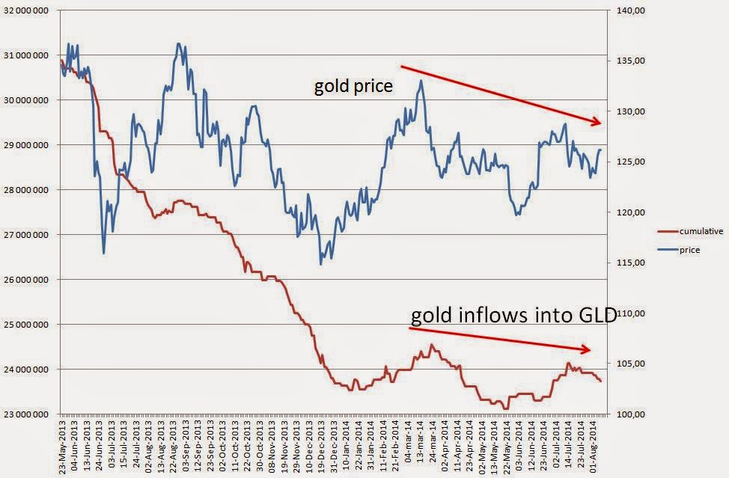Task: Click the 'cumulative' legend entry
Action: point(701,231)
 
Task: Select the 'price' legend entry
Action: point(690,249)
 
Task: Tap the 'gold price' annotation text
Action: point(353,86)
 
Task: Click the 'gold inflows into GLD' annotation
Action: point(513,316)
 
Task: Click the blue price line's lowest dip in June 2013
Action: point(103,253)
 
